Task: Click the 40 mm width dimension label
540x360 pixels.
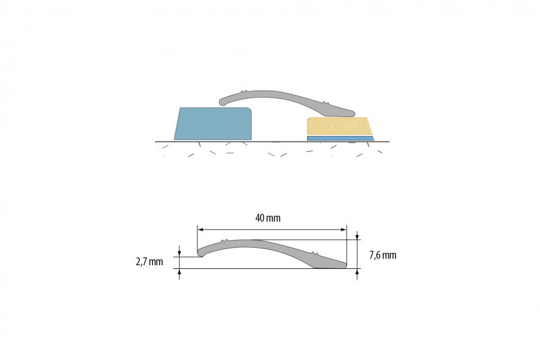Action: (x=268, y=218)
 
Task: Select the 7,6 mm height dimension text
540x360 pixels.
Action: (x=383, y=255)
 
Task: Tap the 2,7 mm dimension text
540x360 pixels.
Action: (x=149, y=262)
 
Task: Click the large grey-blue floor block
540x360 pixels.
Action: (x=214, y=124)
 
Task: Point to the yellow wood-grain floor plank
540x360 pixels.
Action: (x=340, y=126)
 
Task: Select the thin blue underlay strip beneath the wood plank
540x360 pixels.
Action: (x=340, y=139)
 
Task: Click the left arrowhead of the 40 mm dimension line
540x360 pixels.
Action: (x=200, y=229)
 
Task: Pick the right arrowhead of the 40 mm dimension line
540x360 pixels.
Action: (x=343, y=229)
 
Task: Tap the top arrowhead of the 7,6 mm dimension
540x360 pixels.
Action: (x=358, y=236)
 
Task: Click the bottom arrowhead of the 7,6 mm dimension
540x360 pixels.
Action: (x=358, y=272)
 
